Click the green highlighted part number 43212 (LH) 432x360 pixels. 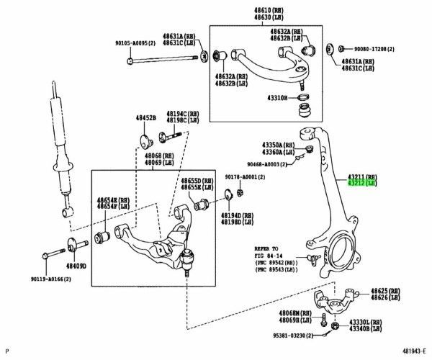(x=362, y=184)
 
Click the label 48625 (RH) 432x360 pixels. (x=385, y=290)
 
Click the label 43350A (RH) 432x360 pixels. (x=278, y=145)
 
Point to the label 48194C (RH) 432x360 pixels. (x=182, y=113)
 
